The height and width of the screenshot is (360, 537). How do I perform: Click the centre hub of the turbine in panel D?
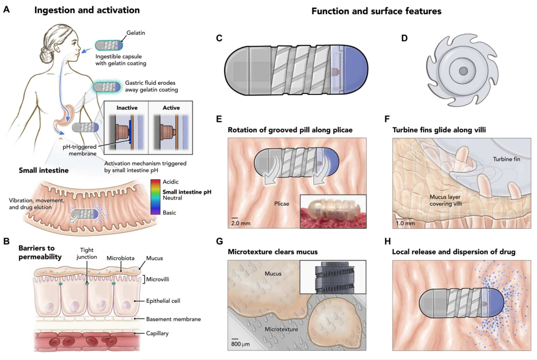tap(463, 70)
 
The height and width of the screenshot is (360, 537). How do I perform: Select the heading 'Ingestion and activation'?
tap(86, 10)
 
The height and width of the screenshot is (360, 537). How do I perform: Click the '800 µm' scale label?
tap(241, 345)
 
